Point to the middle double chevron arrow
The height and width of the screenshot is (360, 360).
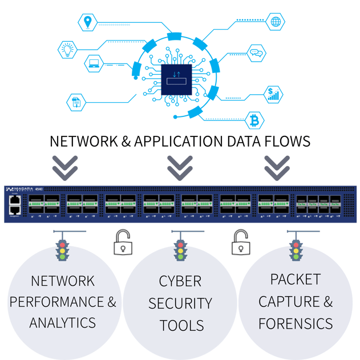[x=180, y=166]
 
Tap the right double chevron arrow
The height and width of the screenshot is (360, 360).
[x=277, y=166]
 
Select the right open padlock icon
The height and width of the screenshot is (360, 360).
[x=240, y=244]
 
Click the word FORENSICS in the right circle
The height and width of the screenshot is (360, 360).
[x=295, y=323]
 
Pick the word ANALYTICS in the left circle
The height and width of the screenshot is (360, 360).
[x=63, y=323]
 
